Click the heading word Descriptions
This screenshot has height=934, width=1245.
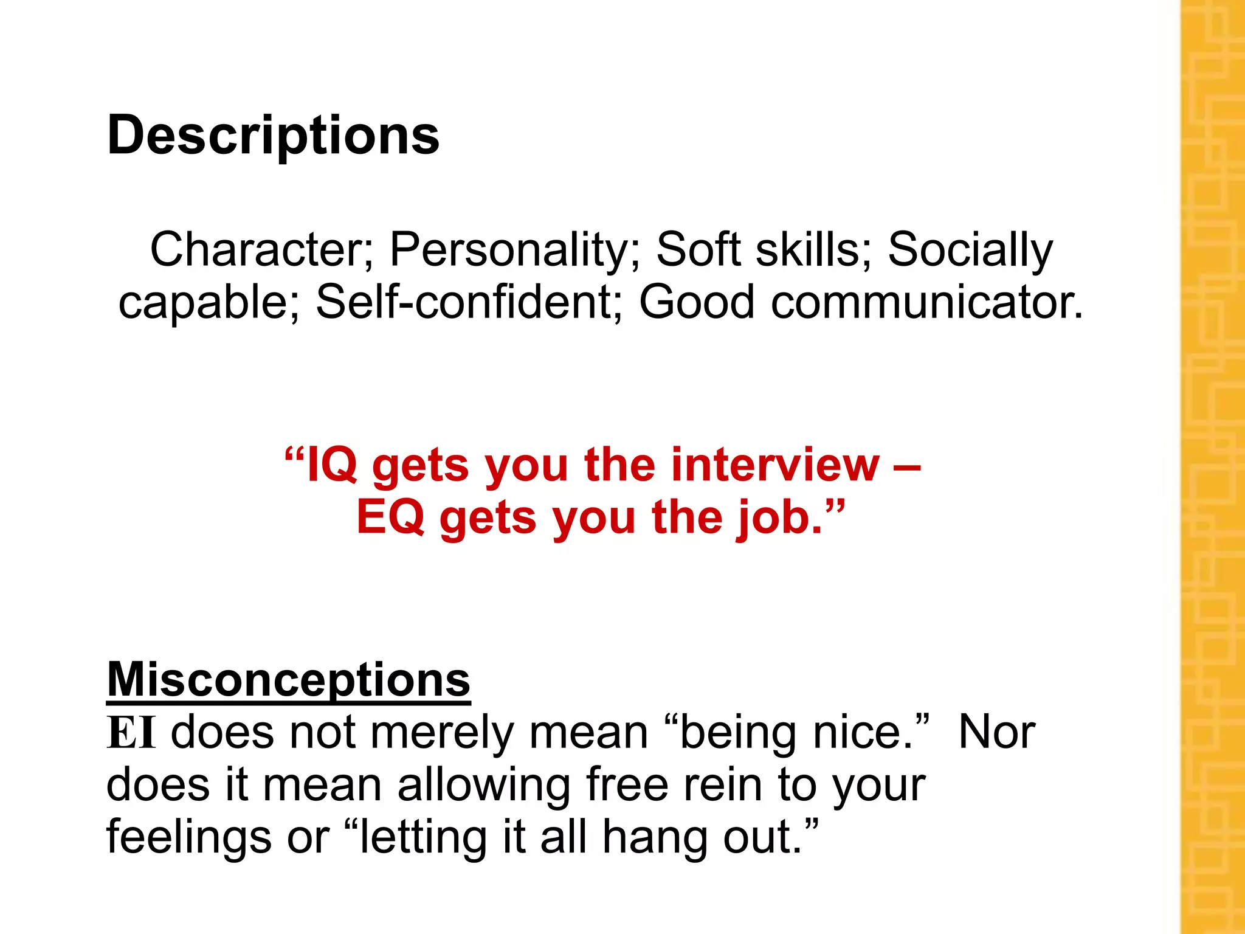[273, 136]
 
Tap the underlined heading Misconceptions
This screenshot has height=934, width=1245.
[288, 680]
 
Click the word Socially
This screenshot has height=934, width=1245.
[970, 251]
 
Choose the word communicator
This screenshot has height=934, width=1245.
[926, 302]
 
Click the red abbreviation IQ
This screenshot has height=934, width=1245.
[332, 465]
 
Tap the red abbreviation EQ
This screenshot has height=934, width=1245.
[390, 517]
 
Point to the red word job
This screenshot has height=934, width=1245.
[780, 519]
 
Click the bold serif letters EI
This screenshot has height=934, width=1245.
[131, 733]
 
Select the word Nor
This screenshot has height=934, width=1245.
[996, 733]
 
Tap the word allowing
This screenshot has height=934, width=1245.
[484, 786]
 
